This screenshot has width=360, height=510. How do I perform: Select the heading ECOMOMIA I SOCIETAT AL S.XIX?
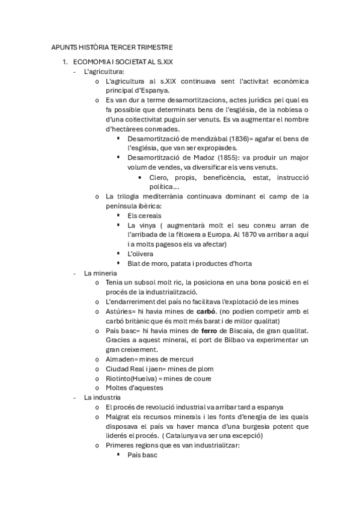[x=122, y=61]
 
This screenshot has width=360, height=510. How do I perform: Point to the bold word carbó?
[x=206, y=311]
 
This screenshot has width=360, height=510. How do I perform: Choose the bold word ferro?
[x=227, y=330]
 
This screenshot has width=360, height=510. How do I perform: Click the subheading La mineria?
[x=100, y=272]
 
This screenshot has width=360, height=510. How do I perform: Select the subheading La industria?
[x=102, y=398]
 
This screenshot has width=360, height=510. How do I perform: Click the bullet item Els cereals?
[x=144, y=215]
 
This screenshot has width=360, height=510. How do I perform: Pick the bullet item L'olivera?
[x=142, y=253]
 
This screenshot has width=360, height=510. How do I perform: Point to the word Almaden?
[x=120, y=359]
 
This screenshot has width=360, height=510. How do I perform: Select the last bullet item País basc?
[x=142, y=455]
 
